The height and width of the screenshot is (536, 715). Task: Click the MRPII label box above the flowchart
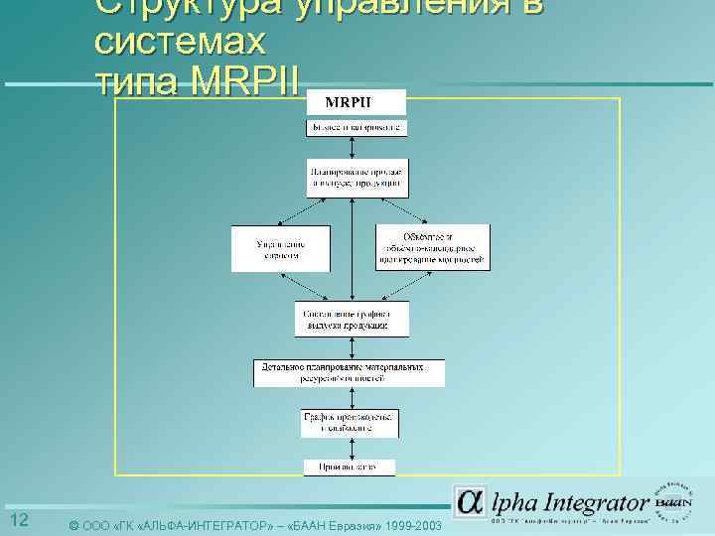[x=352, y=101]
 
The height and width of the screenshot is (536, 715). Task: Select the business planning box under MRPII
[x=356, y=128]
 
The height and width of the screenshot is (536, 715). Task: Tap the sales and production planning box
[x=356, y=176]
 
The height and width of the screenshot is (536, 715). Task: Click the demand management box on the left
[x=281, y=248]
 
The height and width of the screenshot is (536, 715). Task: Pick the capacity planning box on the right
[x=432, y=247]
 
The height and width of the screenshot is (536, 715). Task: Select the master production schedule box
[x=354, y=319]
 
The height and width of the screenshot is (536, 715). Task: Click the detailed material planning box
[x=349, y=372]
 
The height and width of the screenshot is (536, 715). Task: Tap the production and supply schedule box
[x=351, y=422]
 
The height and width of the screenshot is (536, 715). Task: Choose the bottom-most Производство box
[x=349, y=467]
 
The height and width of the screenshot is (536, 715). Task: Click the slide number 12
[x=18, y=521]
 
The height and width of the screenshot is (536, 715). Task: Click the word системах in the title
[x=180, y=42]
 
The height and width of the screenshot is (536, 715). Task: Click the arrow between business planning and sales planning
[x=356, y=147]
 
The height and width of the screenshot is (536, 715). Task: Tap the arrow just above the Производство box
[x=352, y=448]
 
